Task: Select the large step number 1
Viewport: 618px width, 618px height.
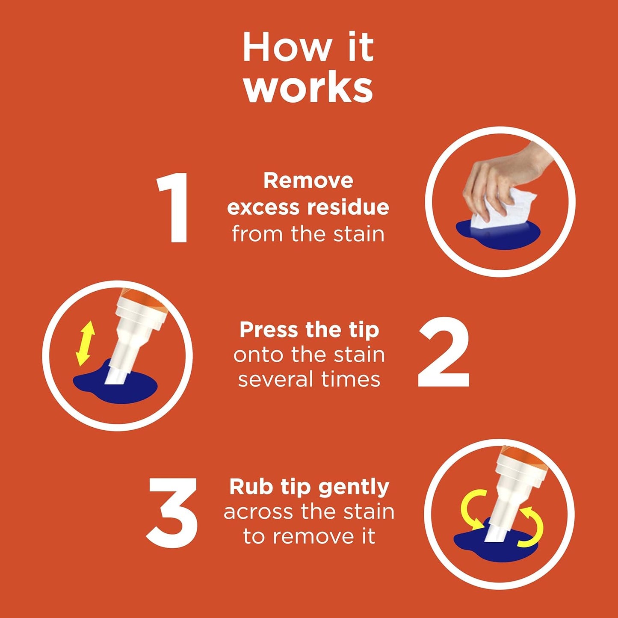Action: click(173, 208)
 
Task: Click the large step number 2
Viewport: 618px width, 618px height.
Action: click(444, 353)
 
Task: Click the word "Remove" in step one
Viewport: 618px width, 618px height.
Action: click(308, 180)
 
